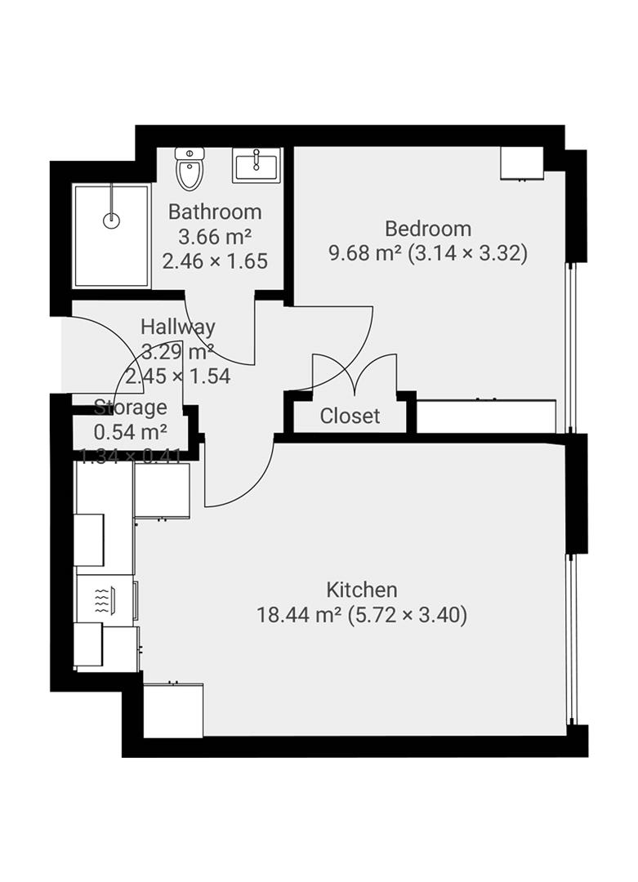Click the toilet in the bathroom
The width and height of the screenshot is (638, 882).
(x=190, y=169)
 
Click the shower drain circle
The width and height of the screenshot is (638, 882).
(x=112, y=220)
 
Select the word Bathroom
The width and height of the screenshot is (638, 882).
(x=215, y=212)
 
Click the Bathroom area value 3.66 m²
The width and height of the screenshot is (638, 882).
(x=215, y=237)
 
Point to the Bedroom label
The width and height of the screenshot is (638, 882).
(x=428, y=229)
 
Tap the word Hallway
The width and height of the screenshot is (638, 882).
(x=177, y=327)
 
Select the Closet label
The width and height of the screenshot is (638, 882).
(x=350, y=416)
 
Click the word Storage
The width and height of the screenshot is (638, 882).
(x=131, y=408)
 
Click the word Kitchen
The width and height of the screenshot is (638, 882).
(x=362, y=590)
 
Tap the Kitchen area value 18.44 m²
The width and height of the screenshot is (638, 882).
(x=298, y=615)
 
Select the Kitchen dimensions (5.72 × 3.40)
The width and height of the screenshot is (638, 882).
(x=408, y=615)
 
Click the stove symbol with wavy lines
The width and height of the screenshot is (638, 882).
(x=102, y=601)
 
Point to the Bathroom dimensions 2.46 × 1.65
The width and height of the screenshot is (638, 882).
(x=215, y=261)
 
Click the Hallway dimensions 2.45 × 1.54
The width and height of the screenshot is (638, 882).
(x=186, y=376)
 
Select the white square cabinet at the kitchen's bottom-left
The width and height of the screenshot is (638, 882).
(x=172, y=710)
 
